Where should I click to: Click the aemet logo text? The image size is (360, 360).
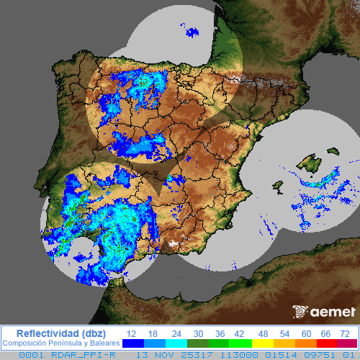point(333,312)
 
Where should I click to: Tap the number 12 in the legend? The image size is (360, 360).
point(131,333)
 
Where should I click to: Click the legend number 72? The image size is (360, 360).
point(345,333)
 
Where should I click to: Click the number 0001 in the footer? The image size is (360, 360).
point(31,354)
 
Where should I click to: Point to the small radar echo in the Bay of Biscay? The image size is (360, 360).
point(192,31)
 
